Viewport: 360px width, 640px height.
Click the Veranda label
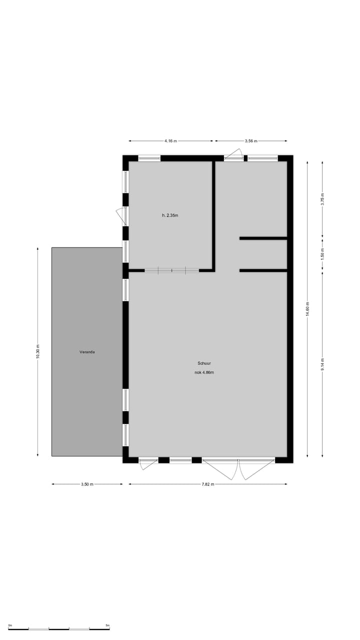pos(87,352)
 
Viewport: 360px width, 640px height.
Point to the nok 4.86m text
pos(204,372)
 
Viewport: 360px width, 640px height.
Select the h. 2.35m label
pos(170,215)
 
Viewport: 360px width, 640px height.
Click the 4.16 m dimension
pos(170,141)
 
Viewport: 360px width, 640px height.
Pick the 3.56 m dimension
pos(251,141)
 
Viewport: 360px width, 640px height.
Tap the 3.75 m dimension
pos(322,199)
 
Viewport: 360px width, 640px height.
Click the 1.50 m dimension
pos(322,253)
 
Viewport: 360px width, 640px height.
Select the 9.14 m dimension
pos(322,364)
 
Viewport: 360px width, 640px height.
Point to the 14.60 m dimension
pos(307,309)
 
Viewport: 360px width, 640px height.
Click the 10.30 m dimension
pos(38,352)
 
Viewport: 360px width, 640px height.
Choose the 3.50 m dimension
pos(87,484)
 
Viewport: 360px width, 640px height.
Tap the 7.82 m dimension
pos(208,484)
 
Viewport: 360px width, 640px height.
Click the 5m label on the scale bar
pos(107,625)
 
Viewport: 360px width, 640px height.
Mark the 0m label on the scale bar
pos(10,625)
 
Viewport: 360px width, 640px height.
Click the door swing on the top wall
pos(234,153)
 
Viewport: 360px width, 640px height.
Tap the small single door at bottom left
pos(148,464)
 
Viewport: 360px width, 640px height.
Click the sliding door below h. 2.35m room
pos(172,270)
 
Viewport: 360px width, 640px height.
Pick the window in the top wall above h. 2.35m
pos(149,158)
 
